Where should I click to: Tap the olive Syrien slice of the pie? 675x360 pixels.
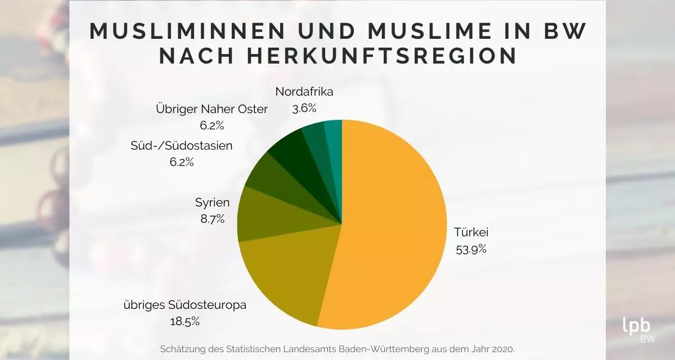(262, 217)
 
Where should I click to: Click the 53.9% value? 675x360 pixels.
(471, 249)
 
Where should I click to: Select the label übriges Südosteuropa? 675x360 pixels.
(184, 305)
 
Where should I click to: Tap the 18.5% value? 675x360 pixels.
(184, 322)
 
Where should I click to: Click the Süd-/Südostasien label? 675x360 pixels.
(181, 146)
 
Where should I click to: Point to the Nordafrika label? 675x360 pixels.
(304, 92)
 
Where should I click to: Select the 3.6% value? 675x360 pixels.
(304, 108)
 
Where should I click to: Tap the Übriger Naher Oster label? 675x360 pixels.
(211, 109)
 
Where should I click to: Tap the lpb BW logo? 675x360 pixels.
(636, 329)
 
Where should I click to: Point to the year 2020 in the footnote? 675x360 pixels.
(502, 349)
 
